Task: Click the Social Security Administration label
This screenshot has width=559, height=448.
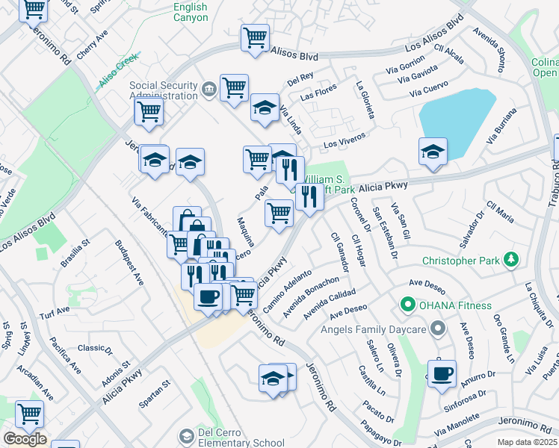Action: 162,90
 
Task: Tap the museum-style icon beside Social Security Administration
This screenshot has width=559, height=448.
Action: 209,90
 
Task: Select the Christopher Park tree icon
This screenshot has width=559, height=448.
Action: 511,260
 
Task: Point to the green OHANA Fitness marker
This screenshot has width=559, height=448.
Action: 407,305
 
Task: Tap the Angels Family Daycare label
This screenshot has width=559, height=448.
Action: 374,329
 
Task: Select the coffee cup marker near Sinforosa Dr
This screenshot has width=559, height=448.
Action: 442,372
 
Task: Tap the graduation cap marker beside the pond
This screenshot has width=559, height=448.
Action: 433,151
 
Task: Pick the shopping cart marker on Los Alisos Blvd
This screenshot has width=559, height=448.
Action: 255,37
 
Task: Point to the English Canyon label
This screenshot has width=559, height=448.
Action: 191,12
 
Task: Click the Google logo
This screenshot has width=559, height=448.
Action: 24,439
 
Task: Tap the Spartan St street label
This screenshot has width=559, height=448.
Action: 155,396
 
